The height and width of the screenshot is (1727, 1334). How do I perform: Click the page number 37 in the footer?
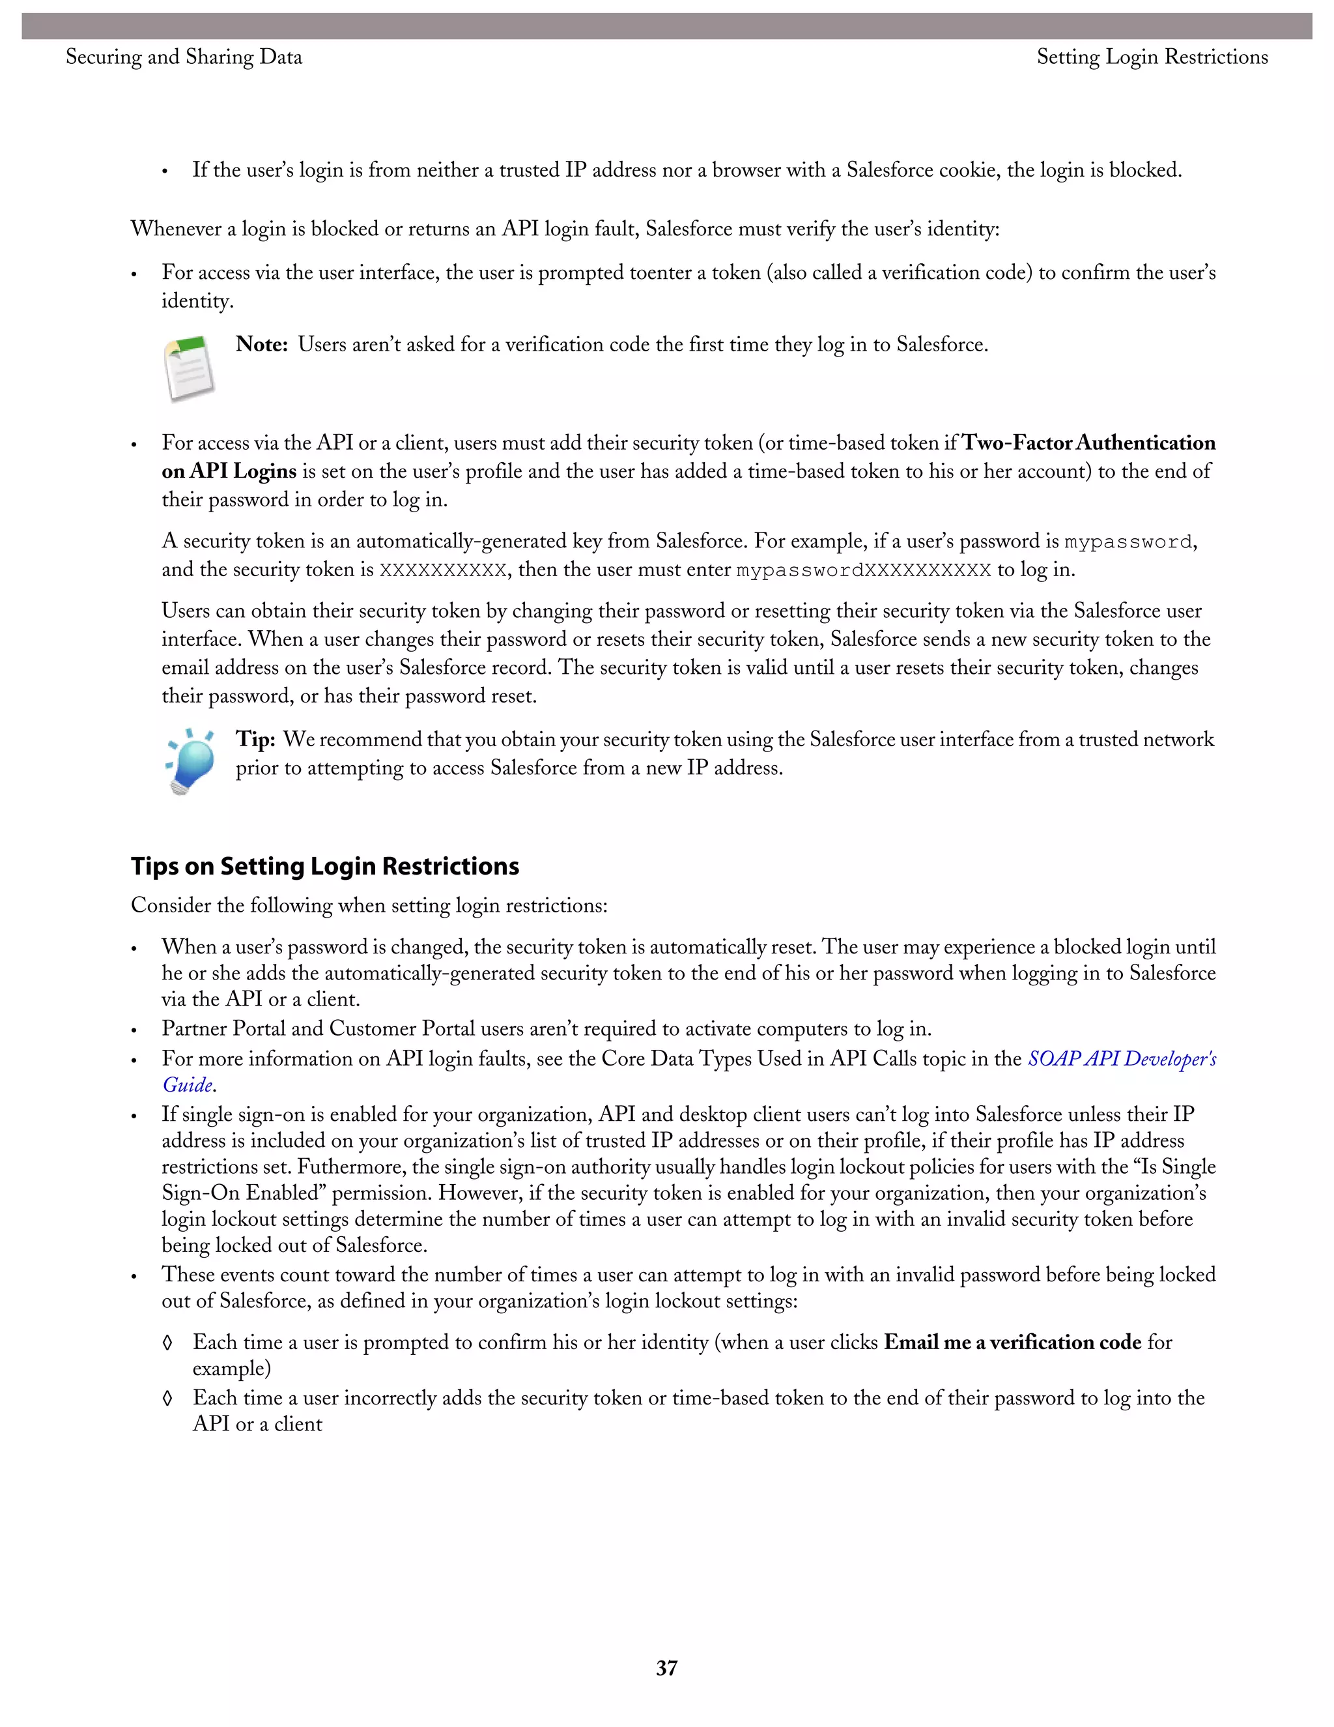(666, 1668)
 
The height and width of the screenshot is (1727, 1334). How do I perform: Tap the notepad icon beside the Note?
(190, 368)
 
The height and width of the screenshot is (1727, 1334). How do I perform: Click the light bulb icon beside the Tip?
(190, 761)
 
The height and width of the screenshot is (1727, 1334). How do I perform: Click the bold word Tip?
(255, 740)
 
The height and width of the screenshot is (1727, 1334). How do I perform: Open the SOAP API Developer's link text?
(1122, 1059)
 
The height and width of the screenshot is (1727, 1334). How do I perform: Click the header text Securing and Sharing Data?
(183, 57)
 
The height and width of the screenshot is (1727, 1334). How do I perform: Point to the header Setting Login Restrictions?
(1152, 57)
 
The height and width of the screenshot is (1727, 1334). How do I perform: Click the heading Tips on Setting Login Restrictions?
(325, 866)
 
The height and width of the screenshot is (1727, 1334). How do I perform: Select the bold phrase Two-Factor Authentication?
(1088, 443)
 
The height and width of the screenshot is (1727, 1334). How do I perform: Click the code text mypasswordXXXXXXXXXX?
(863, 570)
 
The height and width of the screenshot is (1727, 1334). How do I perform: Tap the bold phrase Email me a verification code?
(1012, 1342)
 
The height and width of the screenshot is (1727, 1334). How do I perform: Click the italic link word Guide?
(188, 1085)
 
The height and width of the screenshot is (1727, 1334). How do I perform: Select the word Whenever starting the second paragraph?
(177, 229)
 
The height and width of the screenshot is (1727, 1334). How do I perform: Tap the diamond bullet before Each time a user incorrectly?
(167, 1398)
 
